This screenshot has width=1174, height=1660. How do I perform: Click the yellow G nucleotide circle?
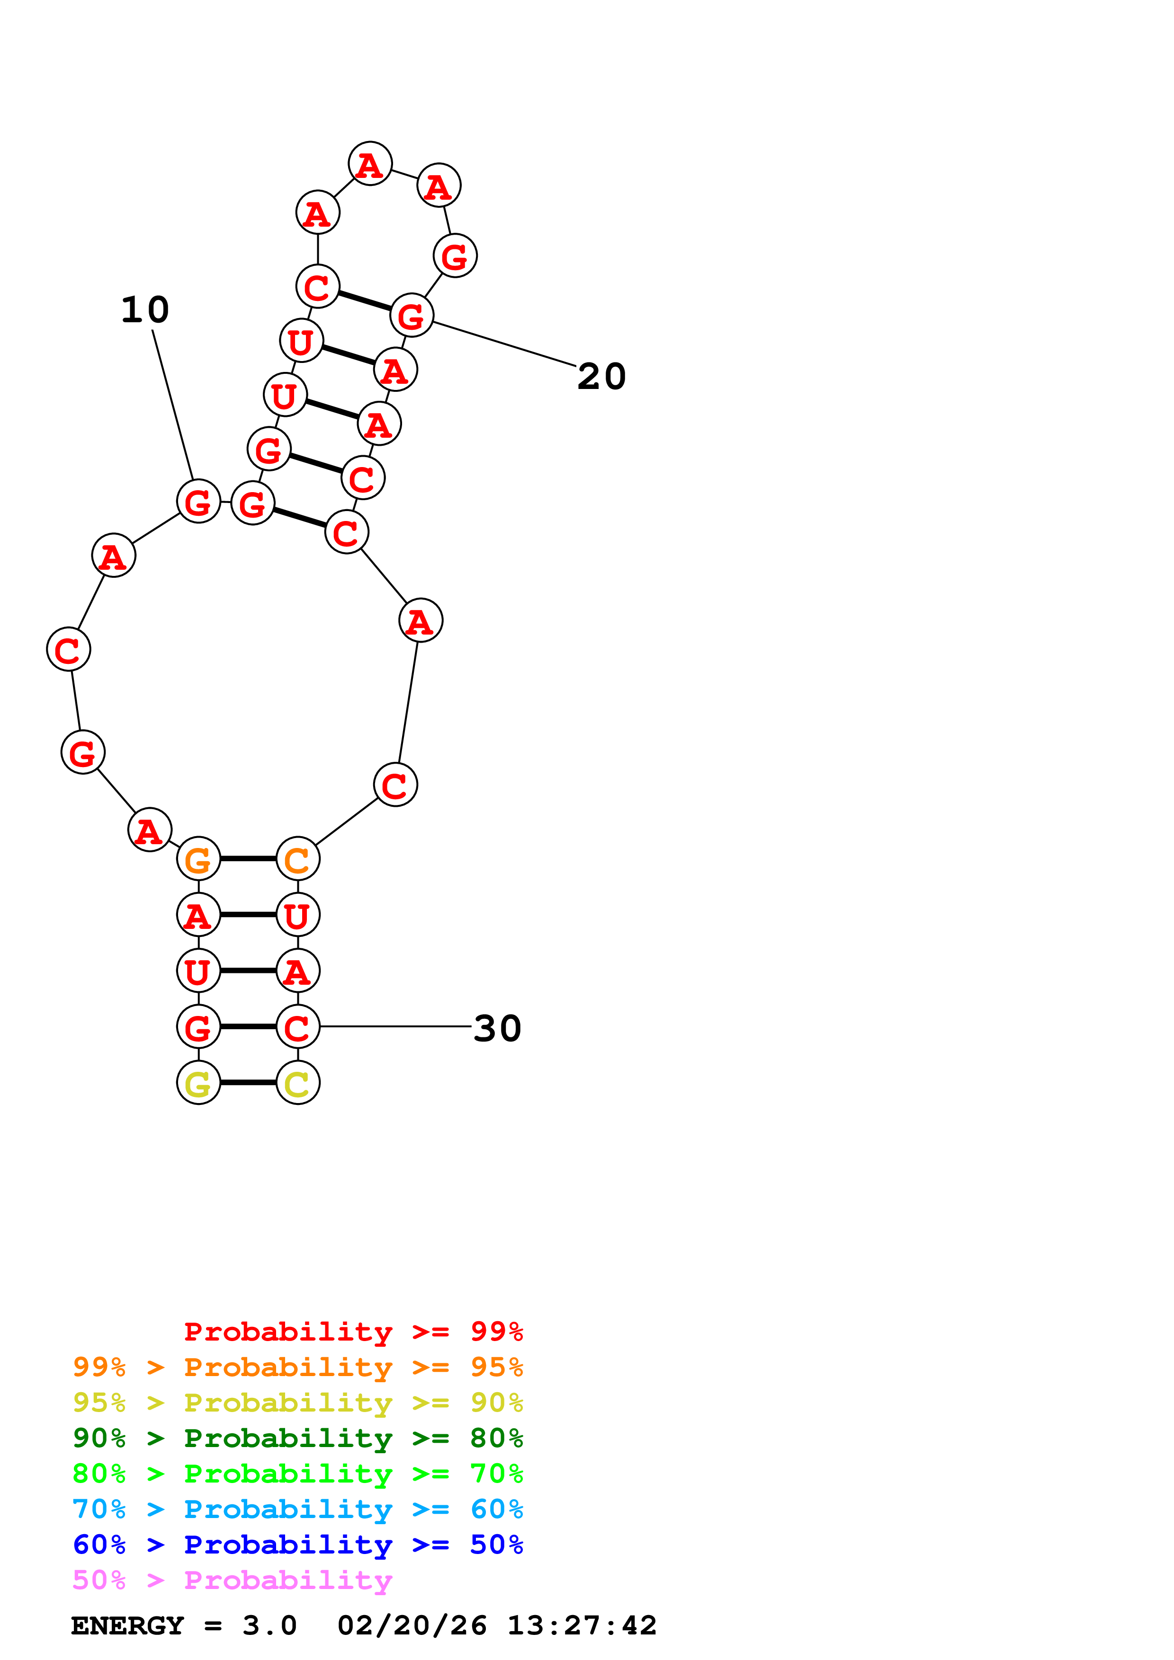(x=198, y=1083)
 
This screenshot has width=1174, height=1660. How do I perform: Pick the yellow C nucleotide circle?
(x=298, y=1083)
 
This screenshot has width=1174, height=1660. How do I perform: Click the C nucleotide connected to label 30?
(x=298, y=1027)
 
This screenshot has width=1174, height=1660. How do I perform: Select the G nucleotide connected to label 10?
(x=198, y=501)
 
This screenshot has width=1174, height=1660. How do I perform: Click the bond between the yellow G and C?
(x=248, y=1083)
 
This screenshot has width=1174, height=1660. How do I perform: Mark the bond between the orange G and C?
(x=248, y=859)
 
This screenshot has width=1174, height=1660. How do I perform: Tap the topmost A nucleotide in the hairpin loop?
(x=370, y=164)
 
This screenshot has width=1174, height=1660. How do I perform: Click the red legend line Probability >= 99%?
(x=353, y=1332)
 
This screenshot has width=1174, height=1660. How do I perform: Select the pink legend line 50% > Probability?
(x=232, y=1581)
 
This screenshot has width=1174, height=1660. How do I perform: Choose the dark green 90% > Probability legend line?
(x=297, y=1438)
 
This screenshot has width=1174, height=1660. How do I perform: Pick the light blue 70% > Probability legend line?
(x=297, y=1510)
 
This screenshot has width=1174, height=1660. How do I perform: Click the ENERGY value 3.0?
(x=269, y=1626)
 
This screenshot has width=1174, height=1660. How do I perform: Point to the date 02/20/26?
(x=412, y=1626)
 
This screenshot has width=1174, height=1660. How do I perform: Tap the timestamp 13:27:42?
(x=582, y=1626)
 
